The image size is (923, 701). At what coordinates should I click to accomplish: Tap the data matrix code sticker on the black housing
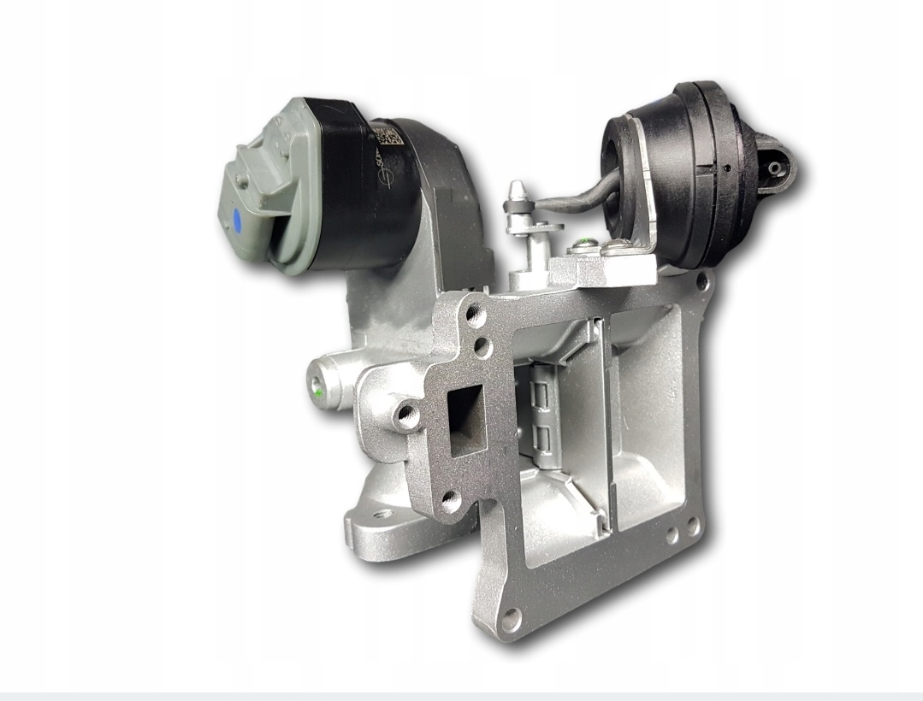coord(386,135)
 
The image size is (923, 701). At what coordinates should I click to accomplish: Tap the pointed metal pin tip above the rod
coord(517,186)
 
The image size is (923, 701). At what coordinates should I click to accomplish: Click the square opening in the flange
coord(465,419)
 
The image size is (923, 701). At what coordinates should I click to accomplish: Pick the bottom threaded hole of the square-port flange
coord(452,501)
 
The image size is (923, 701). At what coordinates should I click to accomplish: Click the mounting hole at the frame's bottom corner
coord(511,616)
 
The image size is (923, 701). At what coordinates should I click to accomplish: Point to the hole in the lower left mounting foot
coord(383,515)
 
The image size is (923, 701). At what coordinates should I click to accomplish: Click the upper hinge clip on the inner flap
coord(539,394)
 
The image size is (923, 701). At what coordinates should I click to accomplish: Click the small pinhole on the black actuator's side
coord(726,168)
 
